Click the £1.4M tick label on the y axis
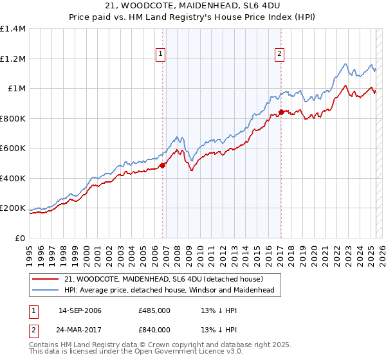[13, 29]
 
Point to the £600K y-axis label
[13, 148]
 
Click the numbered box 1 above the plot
[160, 55]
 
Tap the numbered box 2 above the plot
[280, 55]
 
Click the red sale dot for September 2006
[162, 165]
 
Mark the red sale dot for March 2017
[281, 112]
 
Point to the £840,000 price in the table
[154, 330]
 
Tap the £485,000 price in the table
[154, 310]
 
